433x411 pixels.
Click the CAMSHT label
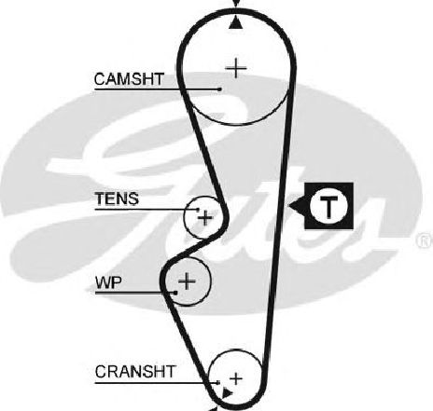(x=129, y=79)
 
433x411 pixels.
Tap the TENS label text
(x=117, y=199)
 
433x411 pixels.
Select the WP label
(x=108, y=282)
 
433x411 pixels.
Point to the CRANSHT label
(x=135, y=372)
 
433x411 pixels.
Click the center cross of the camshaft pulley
(x=236, y=68)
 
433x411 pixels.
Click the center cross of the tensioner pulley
(x=205, y=218)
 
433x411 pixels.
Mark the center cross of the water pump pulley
(x=187, y=281)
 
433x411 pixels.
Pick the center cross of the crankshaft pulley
(x=236, y=378)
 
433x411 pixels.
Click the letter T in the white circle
(x=328, y=206)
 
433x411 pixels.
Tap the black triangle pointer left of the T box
(x=298, y=205)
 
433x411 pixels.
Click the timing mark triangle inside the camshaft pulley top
(x=235, y=23)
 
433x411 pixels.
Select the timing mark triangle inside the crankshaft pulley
(x=227, y=393)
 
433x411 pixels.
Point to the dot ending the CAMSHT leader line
(x=220, y=89)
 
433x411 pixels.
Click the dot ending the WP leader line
(x=175, y=293)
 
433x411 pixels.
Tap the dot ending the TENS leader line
(x=198, y=210)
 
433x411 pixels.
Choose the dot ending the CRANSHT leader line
(x=218, y=382)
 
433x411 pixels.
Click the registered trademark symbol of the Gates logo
(x=426, y=240)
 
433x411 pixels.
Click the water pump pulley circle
(x=211, y=281)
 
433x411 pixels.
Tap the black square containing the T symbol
(x=329, y=206)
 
